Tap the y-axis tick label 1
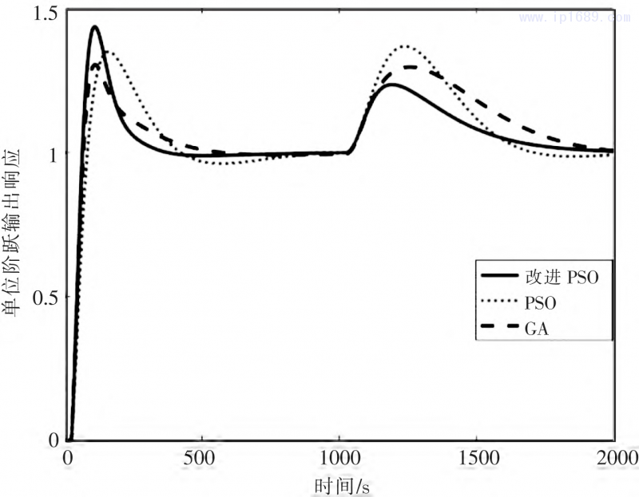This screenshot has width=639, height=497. [x=54, y=153]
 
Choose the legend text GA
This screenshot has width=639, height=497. [x=535, y=327]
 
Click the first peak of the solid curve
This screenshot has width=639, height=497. [x=94, y=26]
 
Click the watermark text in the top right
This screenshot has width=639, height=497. [x=571, y=16]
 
